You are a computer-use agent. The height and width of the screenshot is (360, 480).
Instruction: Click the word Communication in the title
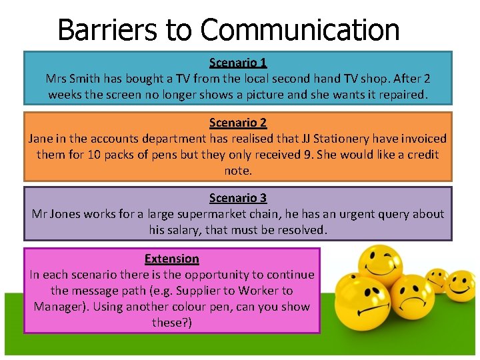[299, 30]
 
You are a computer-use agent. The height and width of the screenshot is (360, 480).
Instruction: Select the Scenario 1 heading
[238, 63]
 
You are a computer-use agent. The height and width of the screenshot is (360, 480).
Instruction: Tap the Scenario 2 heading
[238, 123]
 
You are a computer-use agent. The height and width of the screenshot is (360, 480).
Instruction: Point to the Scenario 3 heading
[238, 198]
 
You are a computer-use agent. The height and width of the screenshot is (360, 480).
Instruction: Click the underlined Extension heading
[171, 259]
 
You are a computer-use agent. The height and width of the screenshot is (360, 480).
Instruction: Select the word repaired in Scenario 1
[403, 95]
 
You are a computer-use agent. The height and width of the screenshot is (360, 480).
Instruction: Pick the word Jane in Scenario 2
[41, 139]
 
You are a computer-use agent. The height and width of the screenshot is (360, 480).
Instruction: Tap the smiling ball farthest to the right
[459, 285]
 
